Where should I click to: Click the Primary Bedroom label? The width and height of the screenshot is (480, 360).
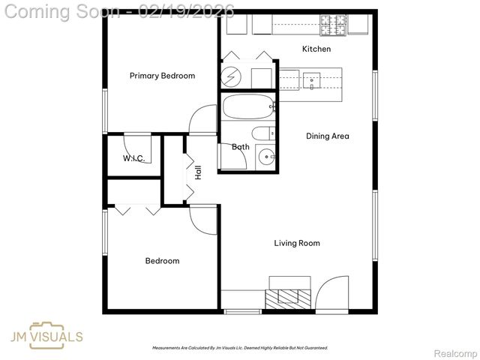pyautogui.click(x=162, y=76)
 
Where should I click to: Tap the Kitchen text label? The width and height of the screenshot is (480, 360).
pyautogui.click(x=316, y=49)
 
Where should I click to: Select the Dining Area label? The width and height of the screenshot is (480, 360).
pyautogui.click(x=327, y=136)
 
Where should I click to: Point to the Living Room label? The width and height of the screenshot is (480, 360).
pyautogui.click(x=296, y=243)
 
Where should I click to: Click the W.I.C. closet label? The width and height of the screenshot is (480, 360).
pyautogui.click(x=133, y=158)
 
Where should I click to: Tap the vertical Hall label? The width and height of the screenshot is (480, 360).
pyautogui.click(x=199, y=172)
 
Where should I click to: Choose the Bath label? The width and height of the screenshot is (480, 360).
pyautogui.click(x=240, y=147)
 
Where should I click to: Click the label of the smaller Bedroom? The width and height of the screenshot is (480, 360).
pyautogui.click(x=162, y=261)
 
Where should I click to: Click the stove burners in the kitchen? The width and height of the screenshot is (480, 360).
pyautogui.click(x=334, y=25)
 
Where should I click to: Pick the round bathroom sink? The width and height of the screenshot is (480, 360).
pyautogui.click(x=266, y=157)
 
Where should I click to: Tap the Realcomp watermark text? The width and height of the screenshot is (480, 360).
pyautogui.click(x=456, y=353)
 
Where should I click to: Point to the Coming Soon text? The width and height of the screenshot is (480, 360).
pyautogui.click(x=61, y=11)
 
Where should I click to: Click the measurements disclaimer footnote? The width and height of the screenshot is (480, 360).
pyautogui.click(x=240, y=348)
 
